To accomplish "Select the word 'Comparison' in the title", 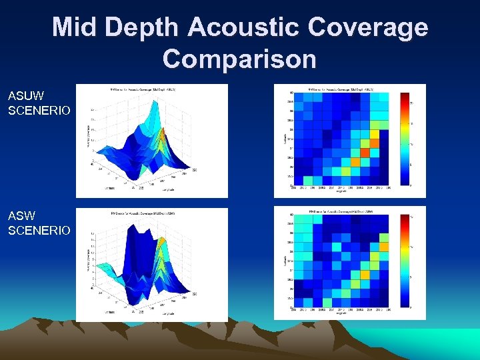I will pos(239,59).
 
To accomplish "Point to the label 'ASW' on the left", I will pos(23,217).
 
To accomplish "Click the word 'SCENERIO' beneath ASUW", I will pos(39,110).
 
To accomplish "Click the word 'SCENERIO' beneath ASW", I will pos(39,231).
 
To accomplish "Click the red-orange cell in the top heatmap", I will pos(355,161).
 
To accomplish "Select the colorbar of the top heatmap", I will pos(403,139).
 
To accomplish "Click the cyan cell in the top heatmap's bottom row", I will pos(307,180).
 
